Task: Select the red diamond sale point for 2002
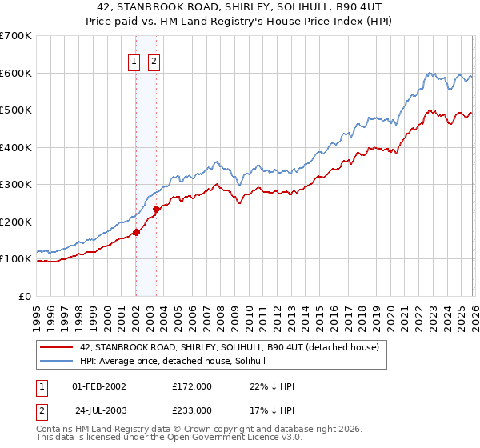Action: [x=136, y=233]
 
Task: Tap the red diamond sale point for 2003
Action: [x=156, y=210]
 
